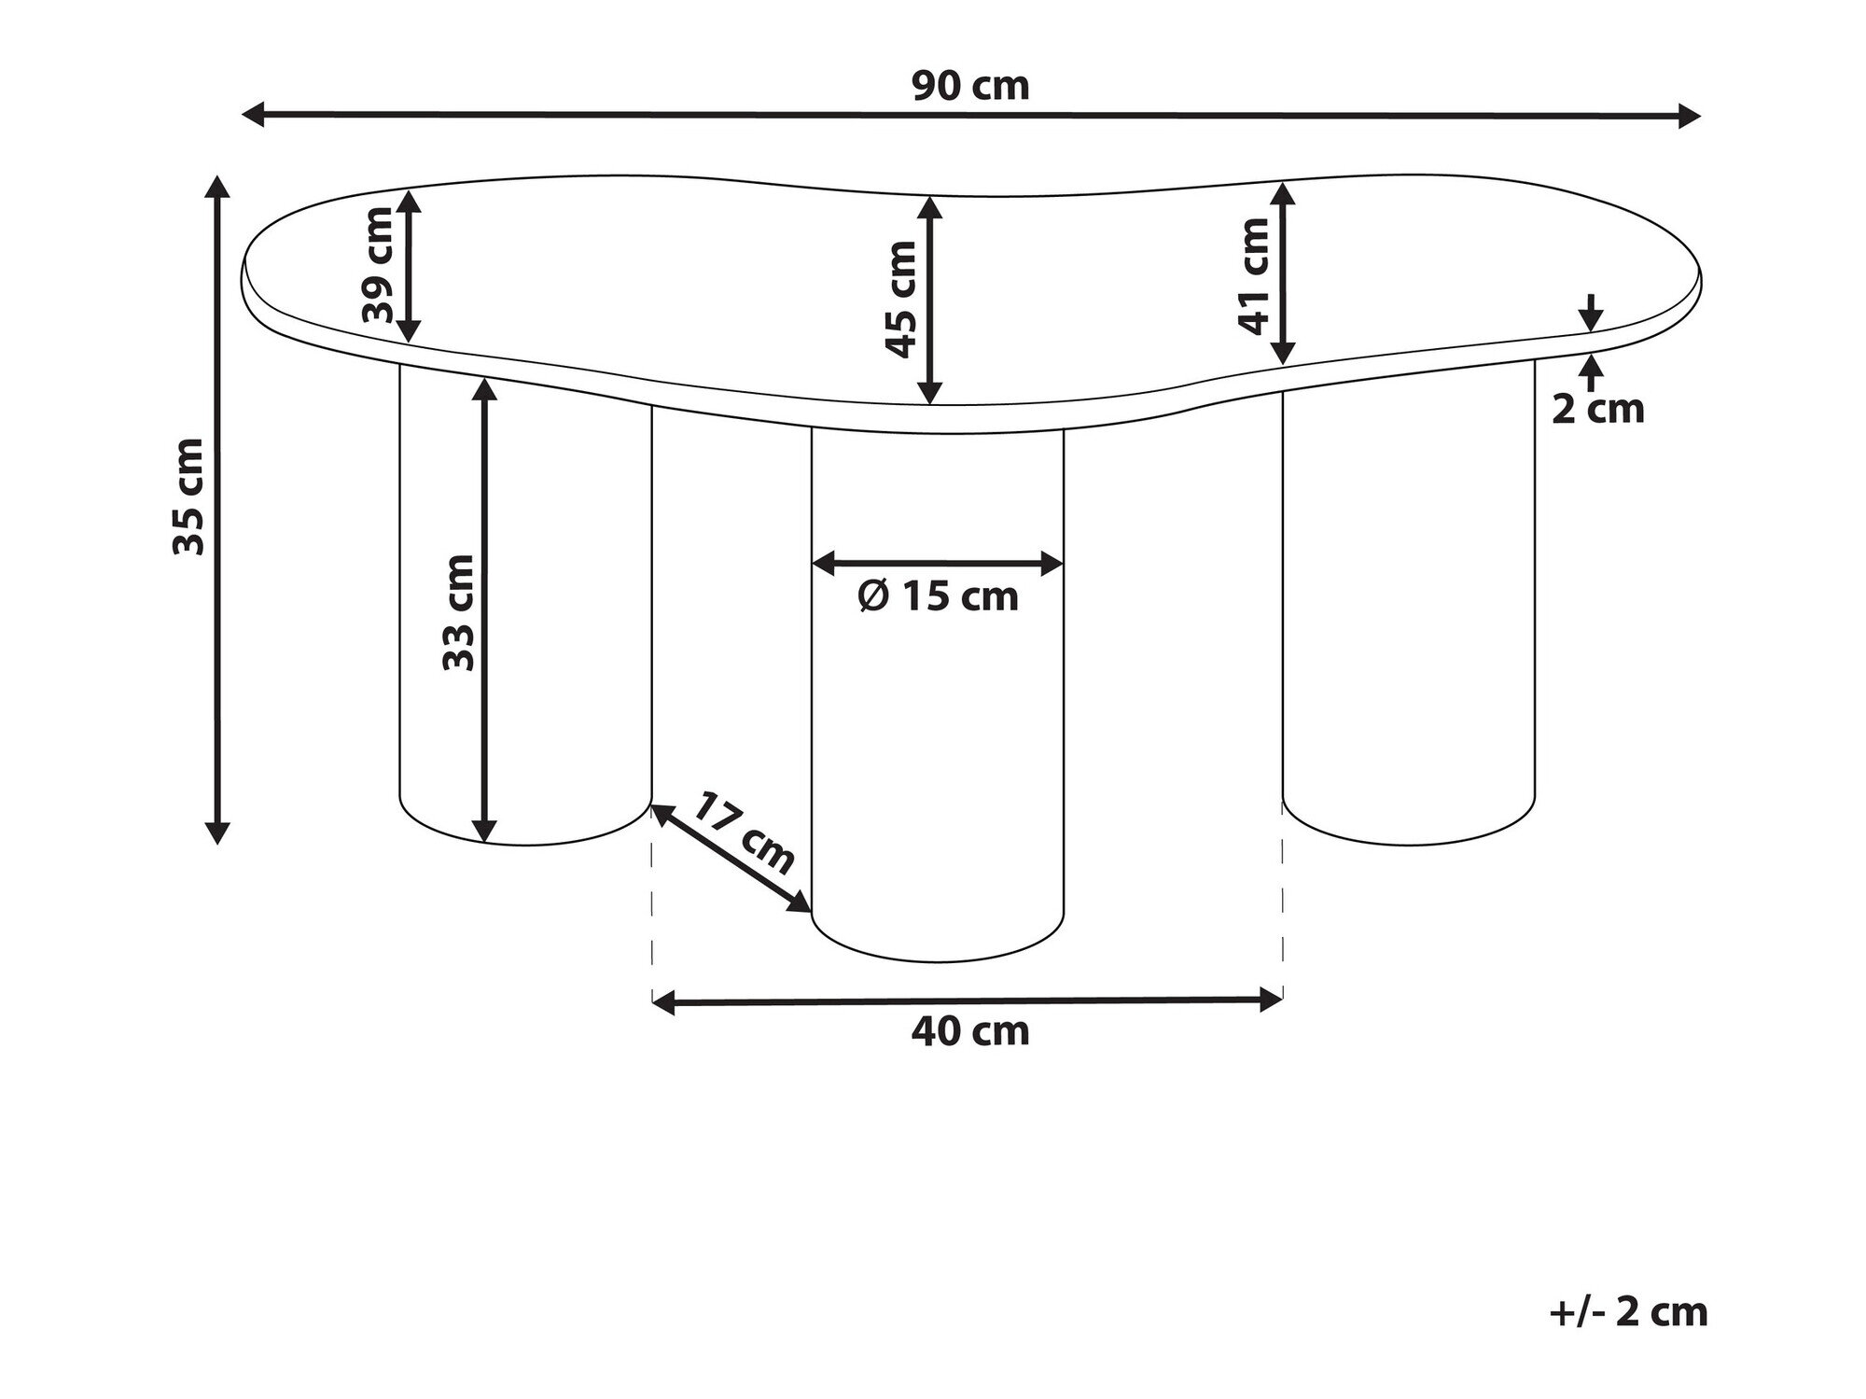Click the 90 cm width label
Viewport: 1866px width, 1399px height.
970,87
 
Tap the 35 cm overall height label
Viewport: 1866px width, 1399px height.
188,496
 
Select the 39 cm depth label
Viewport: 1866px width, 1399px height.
378,265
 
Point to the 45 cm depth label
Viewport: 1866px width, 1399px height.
901,299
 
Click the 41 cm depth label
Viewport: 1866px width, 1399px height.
1255,275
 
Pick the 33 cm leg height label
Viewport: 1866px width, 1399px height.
458,612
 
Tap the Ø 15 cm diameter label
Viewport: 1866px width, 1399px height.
938,596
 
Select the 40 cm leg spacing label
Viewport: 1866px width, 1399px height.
970,1031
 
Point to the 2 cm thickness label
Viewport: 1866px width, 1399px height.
1597,409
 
